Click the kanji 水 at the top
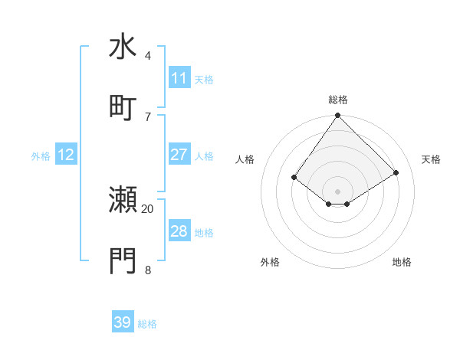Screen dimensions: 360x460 click(x=123, y=47)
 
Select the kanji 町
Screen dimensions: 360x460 click(x=123, y=107)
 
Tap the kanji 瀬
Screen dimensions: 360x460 click(x=123, y=200)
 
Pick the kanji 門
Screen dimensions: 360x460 click(x=123, y=260)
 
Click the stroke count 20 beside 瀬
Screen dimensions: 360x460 click(x=148, y=208)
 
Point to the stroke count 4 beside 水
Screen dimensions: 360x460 click(x=148, y=56)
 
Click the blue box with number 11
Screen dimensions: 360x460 click(x=179, y=78)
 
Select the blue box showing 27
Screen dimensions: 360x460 click(x=179, y=155)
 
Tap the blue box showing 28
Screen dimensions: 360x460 click(x=179, y=231)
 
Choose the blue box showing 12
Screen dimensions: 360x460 click(x=66, y=155)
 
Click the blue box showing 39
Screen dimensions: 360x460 click(x=123, y=322)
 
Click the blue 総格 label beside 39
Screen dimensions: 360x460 click(x=147, y=324)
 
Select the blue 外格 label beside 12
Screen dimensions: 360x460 click(x=41, y=156)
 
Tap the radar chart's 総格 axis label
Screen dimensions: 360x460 click(x=337, y=100)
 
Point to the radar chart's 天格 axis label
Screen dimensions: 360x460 click(x=432, y=159)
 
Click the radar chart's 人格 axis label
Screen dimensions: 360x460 click(x=245, y=159)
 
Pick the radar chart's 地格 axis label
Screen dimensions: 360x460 click(x=402, y=262)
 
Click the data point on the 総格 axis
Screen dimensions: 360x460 click(x=337, y=116)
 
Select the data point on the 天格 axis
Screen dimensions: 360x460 click(x=396, y=172)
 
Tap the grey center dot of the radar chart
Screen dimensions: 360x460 click(x=337, y=191)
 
